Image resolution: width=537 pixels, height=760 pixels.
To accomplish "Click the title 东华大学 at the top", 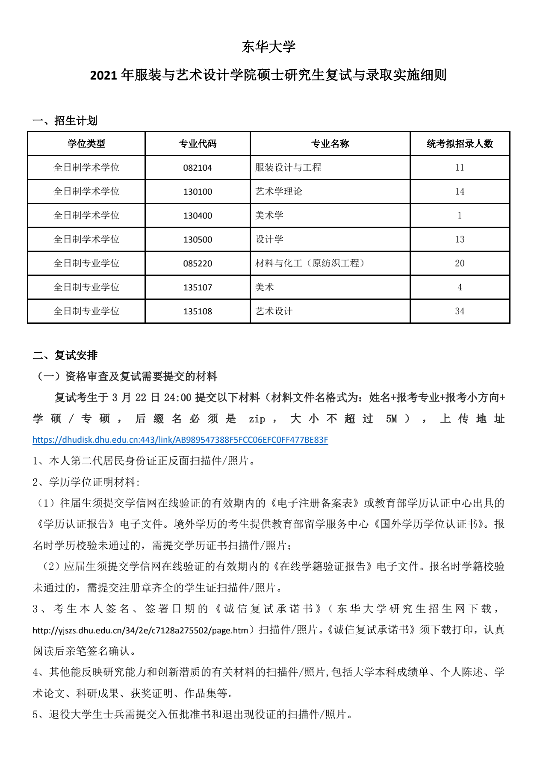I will [x=268, y=47].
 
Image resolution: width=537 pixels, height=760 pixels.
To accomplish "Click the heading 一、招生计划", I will [x=65, y=121].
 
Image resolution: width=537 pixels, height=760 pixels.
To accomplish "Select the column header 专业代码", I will [x=198, y=144].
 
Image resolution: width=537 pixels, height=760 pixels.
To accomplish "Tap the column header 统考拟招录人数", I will [x=460, y=144].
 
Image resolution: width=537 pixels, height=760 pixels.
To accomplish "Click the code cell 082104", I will [x=198, y=168].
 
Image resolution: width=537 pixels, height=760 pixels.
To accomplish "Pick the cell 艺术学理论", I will [x=279, y=192].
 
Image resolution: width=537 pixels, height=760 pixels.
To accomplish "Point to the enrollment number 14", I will [x=460, y=192].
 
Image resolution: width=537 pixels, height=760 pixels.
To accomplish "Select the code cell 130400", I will [x=198, y=216].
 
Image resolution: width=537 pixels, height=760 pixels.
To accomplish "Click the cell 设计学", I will [x=269, y=240].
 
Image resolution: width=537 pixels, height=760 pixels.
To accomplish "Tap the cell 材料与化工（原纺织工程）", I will [x=310, y=263].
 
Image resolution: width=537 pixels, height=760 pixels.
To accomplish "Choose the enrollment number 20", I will [x=460, y=263].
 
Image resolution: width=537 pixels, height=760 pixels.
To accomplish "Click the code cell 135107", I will [x=198, y=287].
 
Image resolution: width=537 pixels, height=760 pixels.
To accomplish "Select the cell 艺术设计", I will [x=274, y=311].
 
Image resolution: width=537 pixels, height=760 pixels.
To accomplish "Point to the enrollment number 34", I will [x=460, y=311].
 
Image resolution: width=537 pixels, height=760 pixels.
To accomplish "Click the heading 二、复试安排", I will [x=65, y=355].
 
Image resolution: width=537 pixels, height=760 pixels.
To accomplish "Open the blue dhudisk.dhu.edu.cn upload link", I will [x=180, y=440].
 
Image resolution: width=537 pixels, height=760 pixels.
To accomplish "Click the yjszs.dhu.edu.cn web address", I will [x=141, y=630].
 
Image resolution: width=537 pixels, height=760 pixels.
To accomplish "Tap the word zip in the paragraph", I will [x=257, y=419].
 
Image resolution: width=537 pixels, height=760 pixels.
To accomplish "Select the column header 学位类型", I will [x=86, y=144].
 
